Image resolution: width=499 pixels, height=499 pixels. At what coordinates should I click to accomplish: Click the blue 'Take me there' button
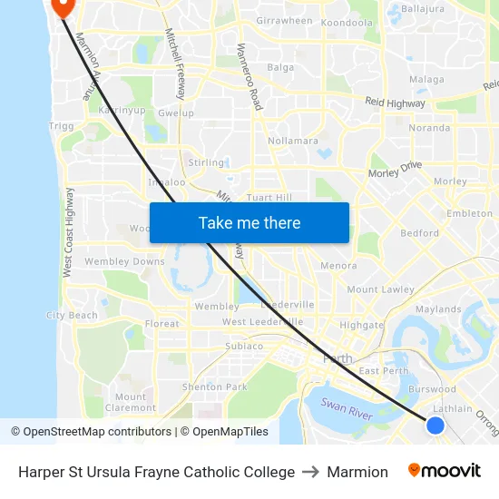point(249,222)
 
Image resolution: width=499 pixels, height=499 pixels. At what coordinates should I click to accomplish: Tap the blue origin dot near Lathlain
point(435,425)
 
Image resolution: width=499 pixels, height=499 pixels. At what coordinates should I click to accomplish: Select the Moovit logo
point(444,471)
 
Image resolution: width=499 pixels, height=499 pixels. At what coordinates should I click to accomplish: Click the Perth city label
point(338,358)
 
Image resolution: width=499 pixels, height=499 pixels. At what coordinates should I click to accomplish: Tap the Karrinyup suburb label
point(121,111)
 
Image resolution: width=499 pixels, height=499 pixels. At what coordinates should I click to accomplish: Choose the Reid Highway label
point(395,103)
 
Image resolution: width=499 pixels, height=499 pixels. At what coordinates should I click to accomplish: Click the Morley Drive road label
point(396,169)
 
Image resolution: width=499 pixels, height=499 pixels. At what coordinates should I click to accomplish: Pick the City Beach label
point(72,316)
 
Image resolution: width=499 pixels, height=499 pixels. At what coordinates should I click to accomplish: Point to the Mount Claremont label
point(131,402)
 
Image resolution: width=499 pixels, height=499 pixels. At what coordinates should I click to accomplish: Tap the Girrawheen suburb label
point(284,20)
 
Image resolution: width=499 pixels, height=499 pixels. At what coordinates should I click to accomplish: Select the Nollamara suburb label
point(293,141)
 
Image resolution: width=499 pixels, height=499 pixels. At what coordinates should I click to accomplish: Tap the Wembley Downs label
point(125,261)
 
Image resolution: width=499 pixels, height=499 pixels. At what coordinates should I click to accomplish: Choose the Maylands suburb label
point(438,309)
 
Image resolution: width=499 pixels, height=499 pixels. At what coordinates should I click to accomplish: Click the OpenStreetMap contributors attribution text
point(92,432)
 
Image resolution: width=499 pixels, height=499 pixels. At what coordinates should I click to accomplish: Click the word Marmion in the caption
point(357,472)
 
